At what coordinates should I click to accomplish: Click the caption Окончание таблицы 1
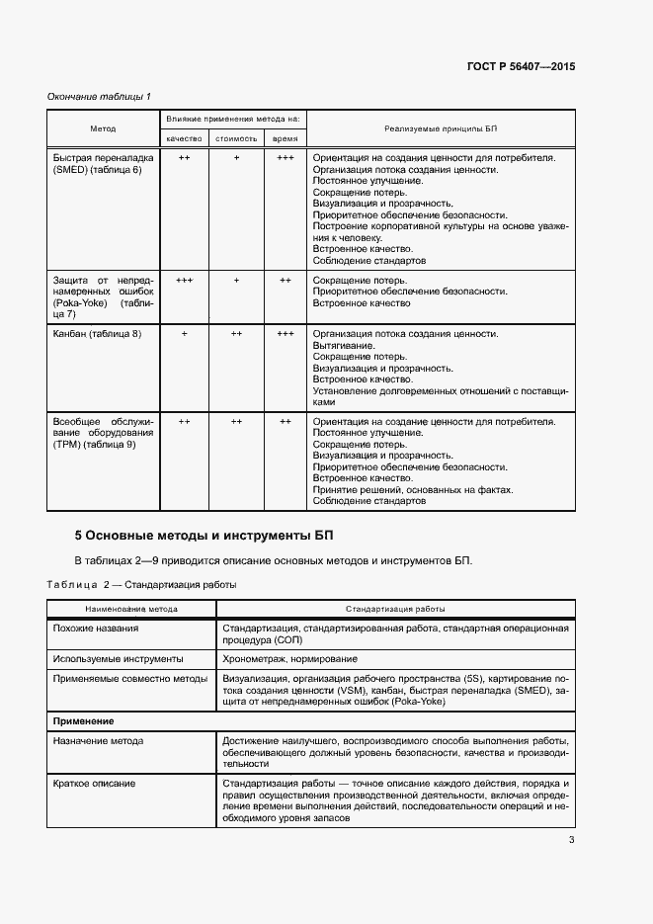click(99, 96)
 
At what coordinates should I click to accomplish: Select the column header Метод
click(103, 129)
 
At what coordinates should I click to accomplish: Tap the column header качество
click(184, 139)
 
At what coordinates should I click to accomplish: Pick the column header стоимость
click(236, 139)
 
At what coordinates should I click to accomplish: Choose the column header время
click(285, 139)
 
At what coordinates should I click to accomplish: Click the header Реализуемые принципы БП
click(440, 129)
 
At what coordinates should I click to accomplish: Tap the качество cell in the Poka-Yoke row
click(184, 281)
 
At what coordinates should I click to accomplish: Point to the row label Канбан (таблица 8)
click(97, 334)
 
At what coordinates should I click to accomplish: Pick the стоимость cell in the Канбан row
click(236, 334)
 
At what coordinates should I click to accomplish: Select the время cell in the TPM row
click(285, 421)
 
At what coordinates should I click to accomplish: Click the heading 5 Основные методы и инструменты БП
click(205, 536)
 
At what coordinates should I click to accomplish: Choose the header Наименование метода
click(131, 609)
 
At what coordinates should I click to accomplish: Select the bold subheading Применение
click(84, 721)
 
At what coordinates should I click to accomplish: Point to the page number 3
click(571, 841)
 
